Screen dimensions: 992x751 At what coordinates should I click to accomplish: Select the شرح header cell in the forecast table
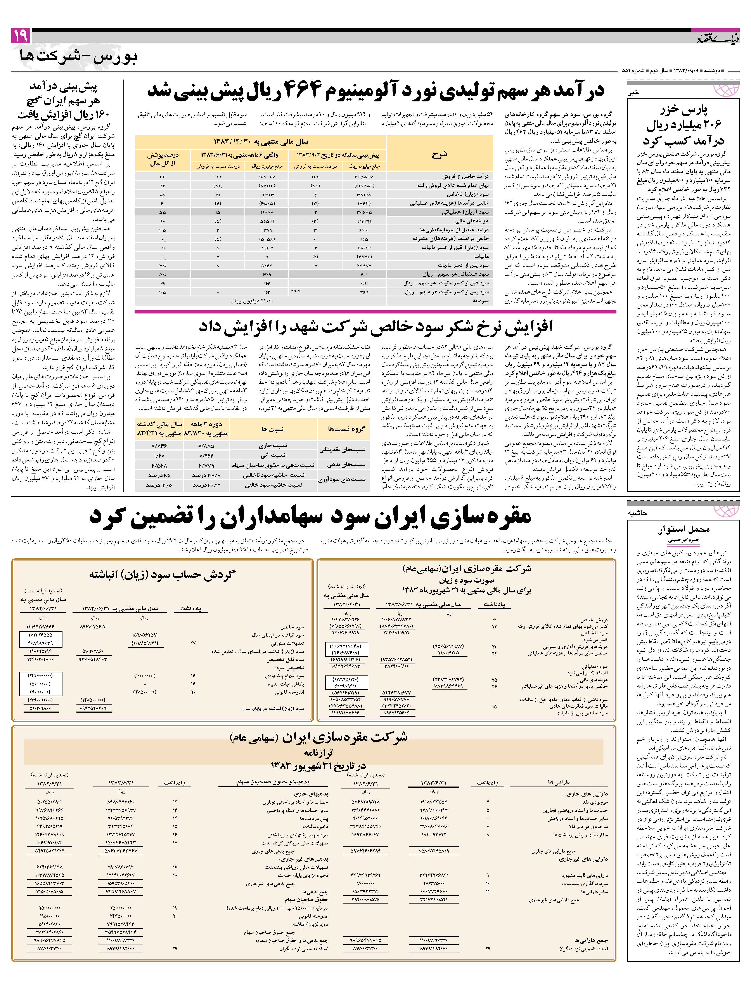click(x=439, y=155)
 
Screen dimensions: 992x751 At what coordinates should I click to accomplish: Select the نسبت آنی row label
click(x=274, y=455)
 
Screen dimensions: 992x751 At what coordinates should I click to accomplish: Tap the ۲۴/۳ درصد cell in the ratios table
click(x=206, y=485)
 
